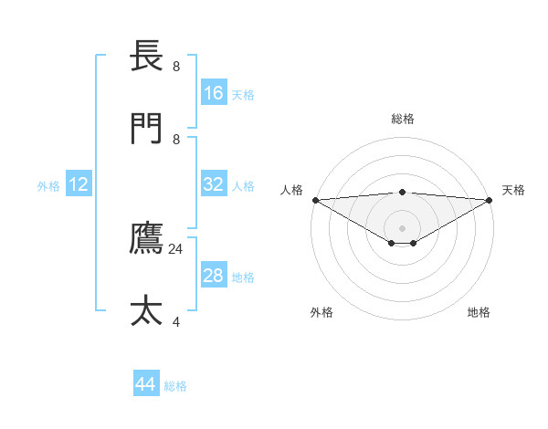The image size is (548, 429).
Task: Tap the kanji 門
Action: point(147,128)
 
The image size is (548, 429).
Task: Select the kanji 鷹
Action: point(147,238)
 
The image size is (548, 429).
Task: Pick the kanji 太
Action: point(147,310)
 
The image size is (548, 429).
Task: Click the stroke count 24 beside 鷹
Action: point(176,249)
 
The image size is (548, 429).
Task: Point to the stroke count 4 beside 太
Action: point(176,321)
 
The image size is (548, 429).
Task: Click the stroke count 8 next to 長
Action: point(176,67)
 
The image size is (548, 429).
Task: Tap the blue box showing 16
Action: point(214,93)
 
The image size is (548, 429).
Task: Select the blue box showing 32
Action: point(214,184)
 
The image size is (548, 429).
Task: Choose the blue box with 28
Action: point(214,276)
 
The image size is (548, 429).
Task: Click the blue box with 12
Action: point(79,184)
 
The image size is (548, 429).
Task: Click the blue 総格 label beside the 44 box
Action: point(175,386)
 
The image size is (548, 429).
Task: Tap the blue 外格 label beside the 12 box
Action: point(48,186)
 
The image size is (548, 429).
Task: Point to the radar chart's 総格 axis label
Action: point(402,119)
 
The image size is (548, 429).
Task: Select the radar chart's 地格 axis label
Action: point(479,312)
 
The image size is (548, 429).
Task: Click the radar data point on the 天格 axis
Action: point(490,200)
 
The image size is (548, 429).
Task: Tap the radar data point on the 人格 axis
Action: point(315,200)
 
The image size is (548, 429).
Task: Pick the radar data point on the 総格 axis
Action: point(402,192)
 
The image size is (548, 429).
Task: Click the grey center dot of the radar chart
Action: point(402,227)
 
